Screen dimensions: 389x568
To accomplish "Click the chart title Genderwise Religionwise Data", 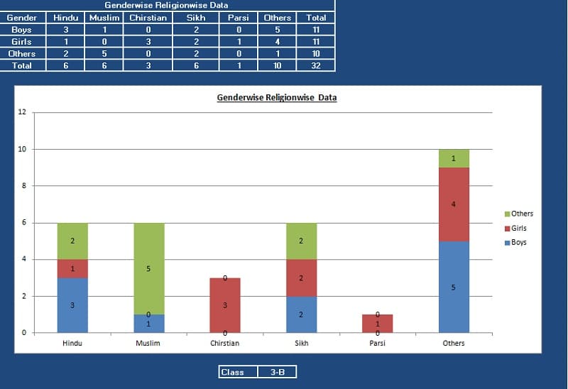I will click(276, 97).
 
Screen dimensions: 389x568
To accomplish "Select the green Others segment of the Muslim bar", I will click(149, 268).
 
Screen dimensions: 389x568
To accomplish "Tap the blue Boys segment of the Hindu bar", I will click(72, 305).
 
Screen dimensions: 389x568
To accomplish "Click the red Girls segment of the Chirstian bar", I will click(225, 305).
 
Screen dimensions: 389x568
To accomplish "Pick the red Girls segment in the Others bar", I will click(454, 204).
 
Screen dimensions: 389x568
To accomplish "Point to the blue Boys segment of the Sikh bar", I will click(301, 314).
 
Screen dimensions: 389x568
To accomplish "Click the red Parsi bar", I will click(377, 324).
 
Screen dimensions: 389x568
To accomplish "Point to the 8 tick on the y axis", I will click(24, 186).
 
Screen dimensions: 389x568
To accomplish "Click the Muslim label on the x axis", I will click(149, 343).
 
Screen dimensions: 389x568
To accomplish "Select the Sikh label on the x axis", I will click(301, 343).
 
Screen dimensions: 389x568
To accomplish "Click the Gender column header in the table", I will click(22, 18).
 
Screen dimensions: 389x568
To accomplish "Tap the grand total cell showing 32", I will click(316, 65).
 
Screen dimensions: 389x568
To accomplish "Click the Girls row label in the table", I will click(22, 42).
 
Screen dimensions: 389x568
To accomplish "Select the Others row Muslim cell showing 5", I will click(104, 53).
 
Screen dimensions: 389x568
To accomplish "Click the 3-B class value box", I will click(277, 372).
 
